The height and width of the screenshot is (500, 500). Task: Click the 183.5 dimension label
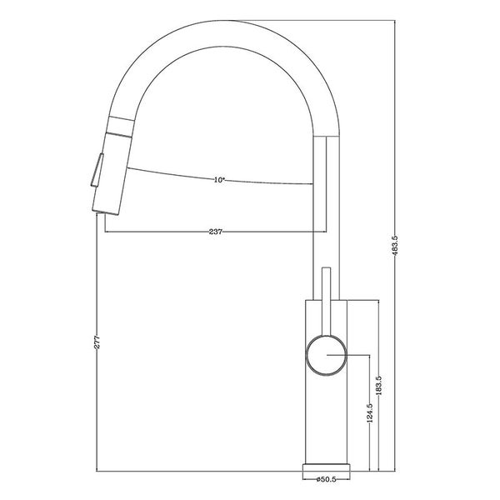[379, 387]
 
